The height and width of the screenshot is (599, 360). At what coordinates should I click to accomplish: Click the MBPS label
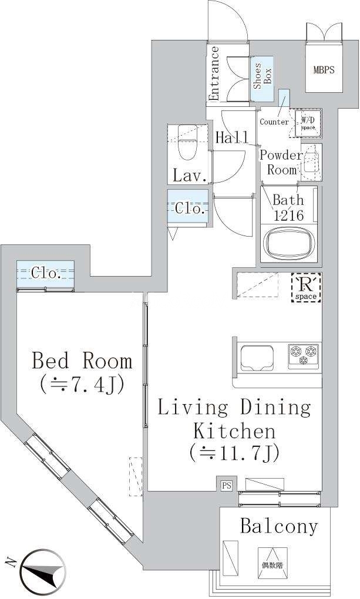(324, 70)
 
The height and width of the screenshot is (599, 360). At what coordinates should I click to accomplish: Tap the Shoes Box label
(262, 76)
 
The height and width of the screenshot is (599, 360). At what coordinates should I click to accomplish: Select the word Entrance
(214, 73)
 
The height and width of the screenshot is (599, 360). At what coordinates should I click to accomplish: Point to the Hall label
(231, 137)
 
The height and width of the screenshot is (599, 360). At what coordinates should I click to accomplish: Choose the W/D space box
(308, 123)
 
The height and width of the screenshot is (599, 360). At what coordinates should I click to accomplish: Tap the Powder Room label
(281, 162)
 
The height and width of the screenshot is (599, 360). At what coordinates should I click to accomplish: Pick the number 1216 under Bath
(288, 216)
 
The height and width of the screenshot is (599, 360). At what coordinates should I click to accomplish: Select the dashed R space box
(306, 287)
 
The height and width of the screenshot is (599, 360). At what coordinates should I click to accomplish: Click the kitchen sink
(257, 359)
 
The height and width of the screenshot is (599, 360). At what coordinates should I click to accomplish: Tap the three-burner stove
(304, 356)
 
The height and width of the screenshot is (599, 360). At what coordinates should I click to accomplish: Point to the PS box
(227, 486)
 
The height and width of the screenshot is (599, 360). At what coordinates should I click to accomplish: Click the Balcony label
(279, 526)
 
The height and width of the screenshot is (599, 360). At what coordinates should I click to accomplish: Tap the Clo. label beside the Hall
(189, 208)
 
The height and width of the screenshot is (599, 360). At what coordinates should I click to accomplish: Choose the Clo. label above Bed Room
(45, 273)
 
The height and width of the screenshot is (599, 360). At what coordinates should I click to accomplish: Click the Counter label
(274, 122)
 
